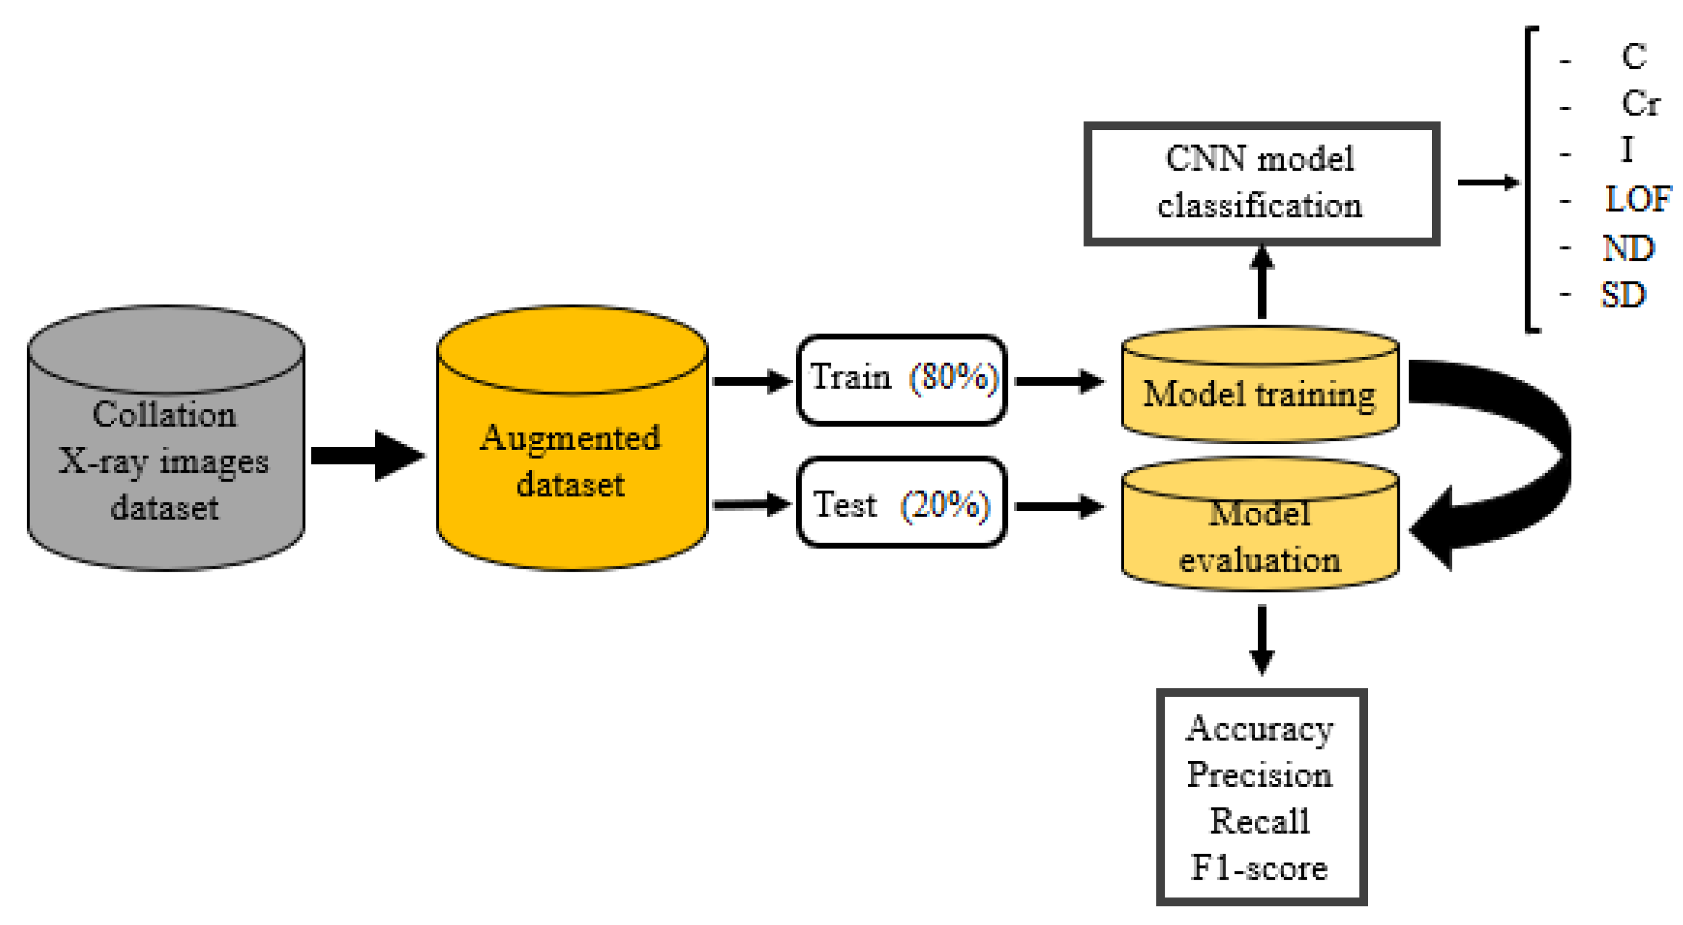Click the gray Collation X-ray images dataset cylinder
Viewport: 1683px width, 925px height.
166,438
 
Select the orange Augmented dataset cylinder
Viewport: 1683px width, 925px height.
573,438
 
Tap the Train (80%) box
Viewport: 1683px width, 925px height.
902,380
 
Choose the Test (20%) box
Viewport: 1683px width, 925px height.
902,502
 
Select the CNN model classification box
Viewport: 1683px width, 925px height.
1261,184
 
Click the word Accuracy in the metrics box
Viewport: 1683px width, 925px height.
1260,728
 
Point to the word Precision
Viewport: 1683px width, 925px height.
1260,775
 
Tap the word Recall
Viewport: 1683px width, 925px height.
1260,821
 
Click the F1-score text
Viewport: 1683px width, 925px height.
1260,868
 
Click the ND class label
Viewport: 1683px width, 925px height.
1629,248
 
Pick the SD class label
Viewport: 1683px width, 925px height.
1623,295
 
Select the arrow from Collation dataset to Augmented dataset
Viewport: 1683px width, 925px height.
368,455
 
